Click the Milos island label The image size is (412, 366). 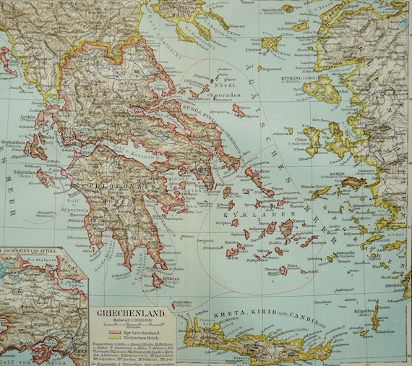pos(231,257)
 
